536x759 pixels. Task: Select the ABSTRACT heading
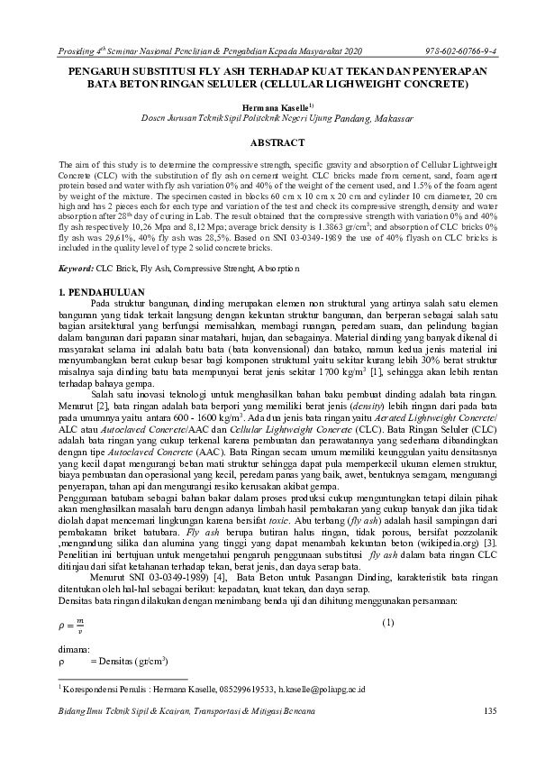pyautogui.click(x=268, y=142)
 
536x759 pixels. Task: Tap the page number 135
pyautogui.click(x=490, y=712)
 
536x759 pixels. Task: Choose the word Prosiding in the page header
pyautogui.click(x=77, y=47)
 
